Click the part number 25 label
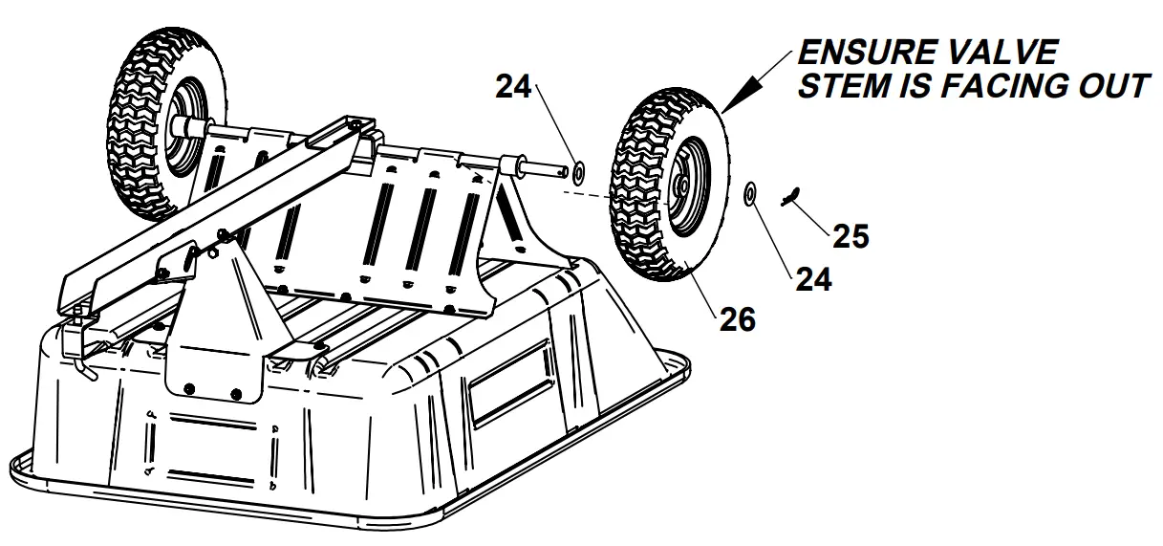pos(849,235)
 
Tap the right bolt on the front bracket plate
pos(235,390)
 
